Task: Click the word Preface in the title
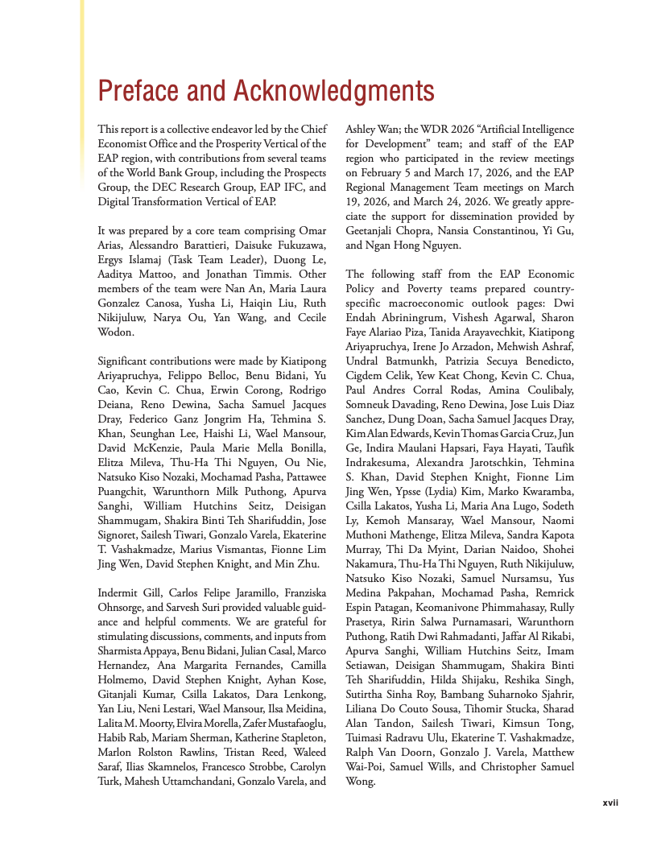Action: click(140, 91)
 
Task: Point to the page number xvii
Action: click(611, 803)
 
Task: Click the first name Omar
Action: click(311, 232)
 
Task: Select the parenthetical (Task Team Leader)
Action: click(211, 259)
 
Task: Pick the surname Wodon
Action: click(116, 332)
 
